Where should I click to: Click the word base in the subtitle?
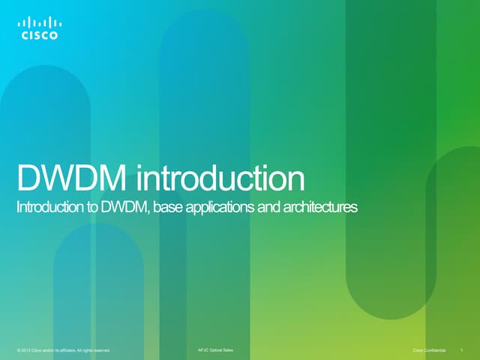(x=169, y=208)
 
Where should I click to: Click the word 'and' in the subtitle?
(x=269, y=208)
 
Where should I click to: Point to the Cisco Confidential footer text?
(x=430, y=349)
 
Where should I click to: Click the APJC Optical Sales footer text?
(x=214, y=349)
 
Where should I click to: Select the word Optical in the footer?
(x=214, y=349)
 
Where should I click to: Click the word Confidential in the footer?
(x=434, y=349)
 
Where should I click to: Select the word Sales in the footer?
(x=227, y=349)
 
